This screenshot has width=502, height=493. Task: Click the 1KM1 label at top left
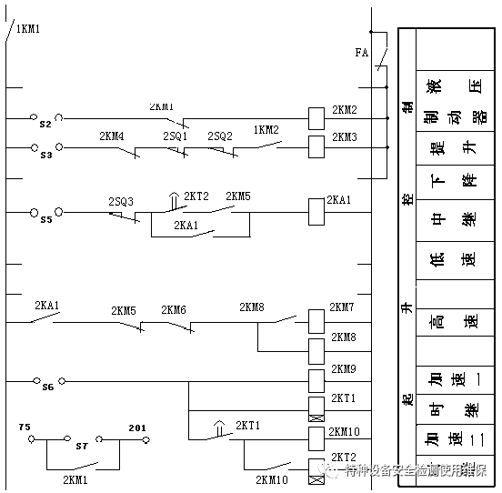tap(28, 29)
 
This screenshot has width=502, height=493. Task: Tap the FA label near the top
tap(361, 54)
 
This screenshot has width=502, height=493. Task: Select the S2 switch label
tap(46, 124)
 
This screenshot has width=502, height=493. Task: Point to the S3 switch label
tap(46, 155)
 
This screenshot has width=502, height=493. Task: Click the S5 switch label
tap(46, 219)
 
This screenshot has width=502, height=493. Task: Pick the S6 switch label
tap(47, 387)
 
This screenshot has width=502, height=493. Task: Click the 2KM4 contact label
tap(112, 136)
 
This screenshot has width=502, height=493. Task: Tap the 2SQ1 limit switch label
tap(176, 136)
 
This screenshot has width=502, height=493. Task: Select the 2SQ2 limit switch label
tap(219, 136)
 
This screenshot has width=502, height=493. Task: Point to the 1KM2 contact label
tap(266, 130)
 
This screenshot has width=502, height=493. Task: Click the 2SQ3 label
tap(121, 201)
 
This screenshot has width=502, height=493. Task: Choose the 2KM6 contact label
tap(174, 310)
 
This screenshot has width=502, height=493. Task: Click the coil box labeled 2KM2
tap(317, 117)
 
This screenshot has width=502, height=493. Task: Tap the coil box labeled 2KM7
tap(316, 320)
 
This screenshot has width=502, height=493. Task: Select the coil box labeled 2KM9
tap(316, 378)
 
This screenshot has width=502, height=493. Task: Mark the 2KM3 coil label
tap(345, 137)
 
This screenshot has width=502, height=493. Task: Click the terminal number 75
tap(25, 426)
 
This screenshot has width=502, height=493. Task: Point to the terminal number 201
tap(137, 427)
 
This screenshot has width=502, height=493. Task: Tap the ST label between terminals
tap(82, 446)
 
